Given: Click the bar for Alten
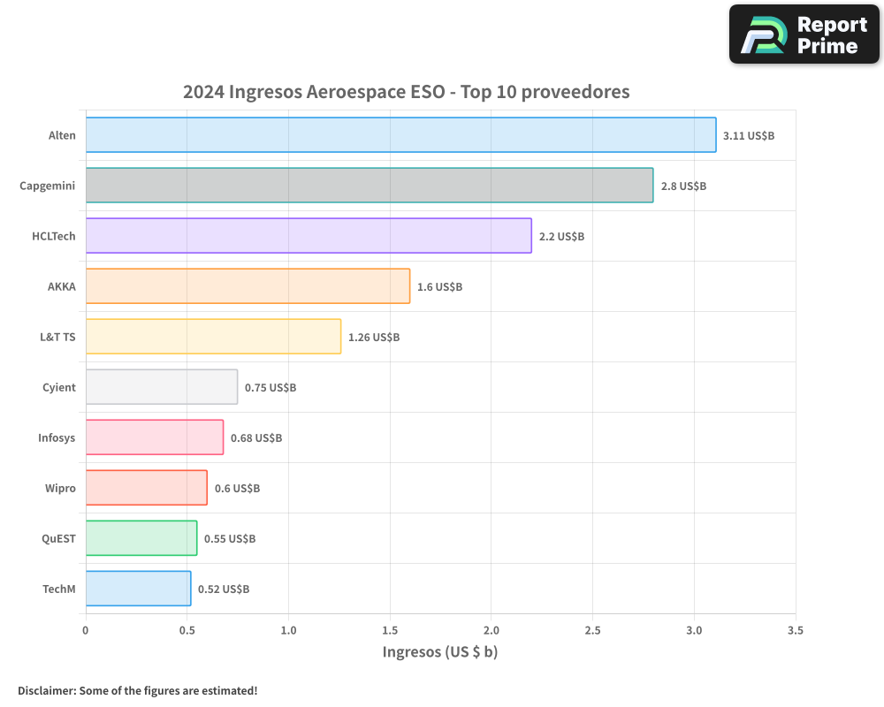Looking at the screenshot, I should (400, 135).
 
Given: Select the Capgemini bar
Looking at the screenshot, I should (370, 186).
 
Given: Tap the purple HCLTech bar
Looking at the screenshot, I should (309, 236).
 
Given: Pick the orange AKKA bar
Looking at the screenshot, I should (248, 286).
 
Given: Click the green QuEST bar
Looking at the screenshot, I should (141, 538).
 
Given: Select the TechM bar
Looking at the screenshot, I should (138, 589).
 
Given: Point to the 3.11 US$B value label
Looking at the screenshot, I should (749, 136).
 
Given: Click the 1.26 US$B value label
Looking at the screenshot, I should (374, 338).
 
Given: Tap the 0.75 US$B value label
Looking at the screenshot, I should (271, 388).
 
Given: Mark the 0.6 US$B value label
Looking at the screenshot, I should (238, 489).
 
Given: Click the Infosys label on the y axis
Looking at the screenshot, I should (57, 438).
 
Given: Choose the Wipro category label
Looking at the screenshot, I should (60, 489).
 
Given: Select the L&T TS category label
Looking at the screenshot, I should (57, 338).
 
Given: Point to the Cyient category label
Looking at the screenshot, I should (58, 388).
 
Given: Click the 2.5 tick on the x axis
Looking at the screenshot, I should (592, 631).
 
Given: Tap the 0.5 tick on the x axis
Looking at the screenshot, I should (187, 631).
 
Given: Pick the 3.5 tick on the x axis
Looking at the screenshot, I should (795, 631).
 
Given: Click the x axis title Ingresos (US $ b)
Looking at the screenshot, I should (440, 652).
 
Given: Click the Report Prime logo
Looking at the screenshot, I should (804, 34).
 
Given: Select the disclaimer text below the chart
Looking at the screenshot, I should (137, 690).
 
